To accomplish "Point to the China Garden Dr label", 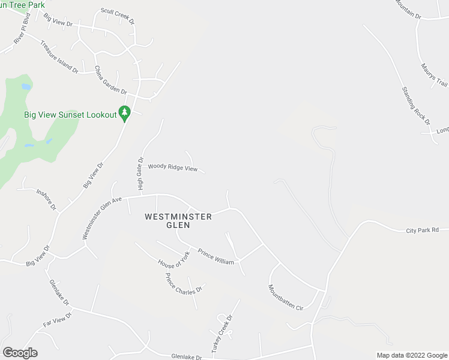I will (x=110, y=80).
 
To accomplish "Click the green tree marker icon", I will (x=125, y=113).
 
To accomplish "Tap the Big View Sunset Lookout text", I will (x=70, y=114).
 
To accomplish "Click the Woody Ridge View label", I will (x=173, y=168).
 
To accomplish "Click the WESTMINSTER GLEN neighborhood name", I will (x=178, y=221).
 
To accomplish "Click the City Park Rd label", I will (x=423, y=230).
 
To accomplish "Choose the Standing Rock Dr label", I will (x=416, y=106).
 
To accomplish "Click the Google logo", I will (x=20, y=353).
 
